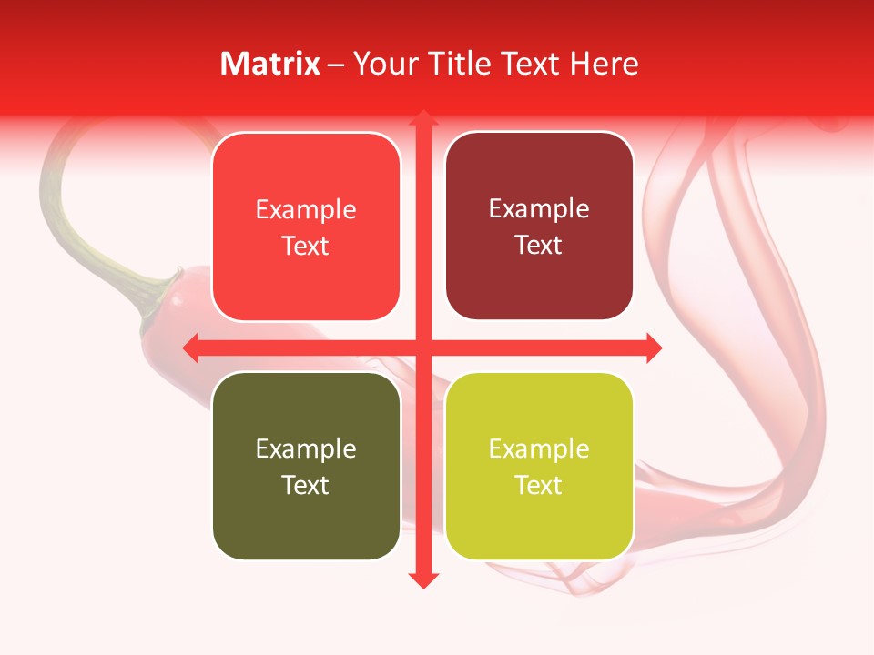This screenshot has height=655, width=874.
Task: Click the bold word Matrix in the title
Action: (x=270, y=64)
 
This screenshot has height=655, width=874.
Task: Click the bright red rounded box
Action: (x=306, y=227)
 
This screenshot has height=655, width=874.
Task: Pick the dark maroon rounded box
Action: (x=539, y=226)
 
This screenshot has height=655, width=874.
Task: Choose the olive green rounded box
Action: (x=306, y=466)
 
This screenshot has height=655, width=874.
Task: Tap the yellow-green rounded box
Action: (x=539, y=466)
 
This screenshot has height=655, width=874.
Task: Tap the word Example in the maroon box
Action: (x=539, y=208)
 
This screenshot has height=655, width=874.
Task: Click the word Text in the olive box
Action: (x=306, y=485)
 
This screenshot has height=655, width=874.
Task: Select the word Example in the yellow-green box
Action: (x=539, y=448)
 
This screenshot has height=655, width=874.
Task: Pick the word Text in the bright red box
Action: (x=306, y=246)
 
